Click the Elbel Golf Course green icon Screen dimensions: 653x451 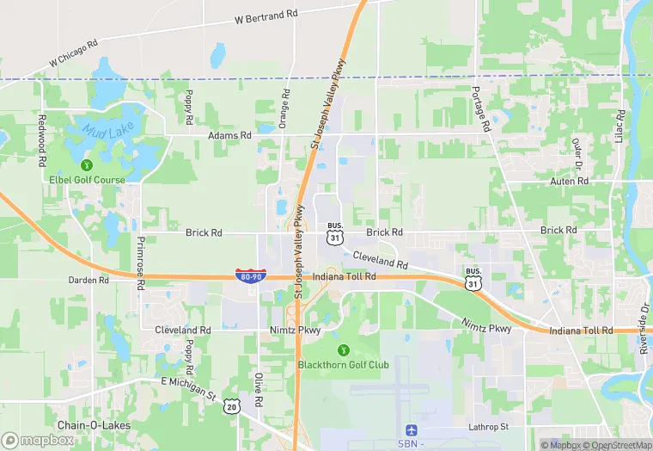pos(86,164)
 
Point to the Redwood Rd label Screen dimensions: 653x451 pos(41,139)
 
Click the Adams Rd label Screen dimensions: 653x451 pos(229,135)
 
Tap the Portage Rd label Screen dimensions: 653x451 pos(479,108)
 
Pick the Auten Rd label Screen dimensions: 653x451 pos(571,182)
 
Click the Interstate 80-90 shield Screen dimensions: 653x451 pos(250,275)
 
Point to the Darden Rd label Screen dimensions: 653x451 pos(89,280)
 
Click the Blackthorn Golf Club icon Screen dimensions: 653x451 pos(344,349)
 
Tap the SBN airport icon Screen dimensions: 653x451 pos(411,429)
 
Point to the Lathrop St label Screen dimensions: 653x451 pos(489,427)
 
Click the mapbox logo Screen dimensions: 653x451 pos(38,439)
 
